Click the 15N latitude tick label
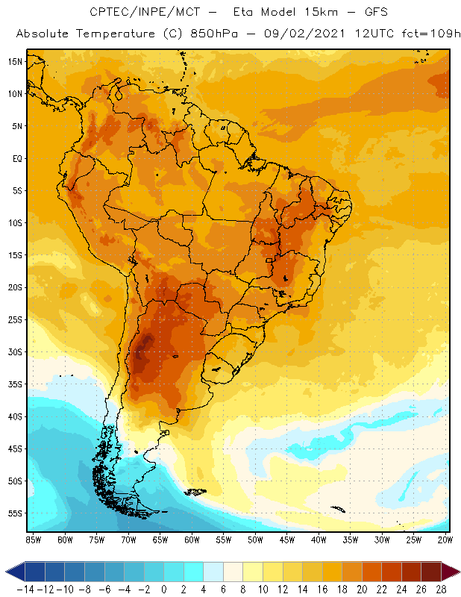click(14, 61)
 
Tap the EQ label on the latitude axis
click(16, 158)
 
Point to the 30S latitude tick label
click(14, 352)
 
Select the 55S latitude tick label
click(14, 513)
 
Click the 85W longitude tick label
click(33, 540)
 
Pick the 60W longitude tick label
click(192, 540)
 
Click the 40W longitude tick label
click(319, 540)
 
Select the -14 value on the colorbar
click(25, 589)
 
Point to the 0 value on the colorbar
click(164, 589)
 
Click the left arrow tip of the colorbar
click(7, 572)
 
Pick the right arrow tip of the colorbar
click(458, 572)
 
